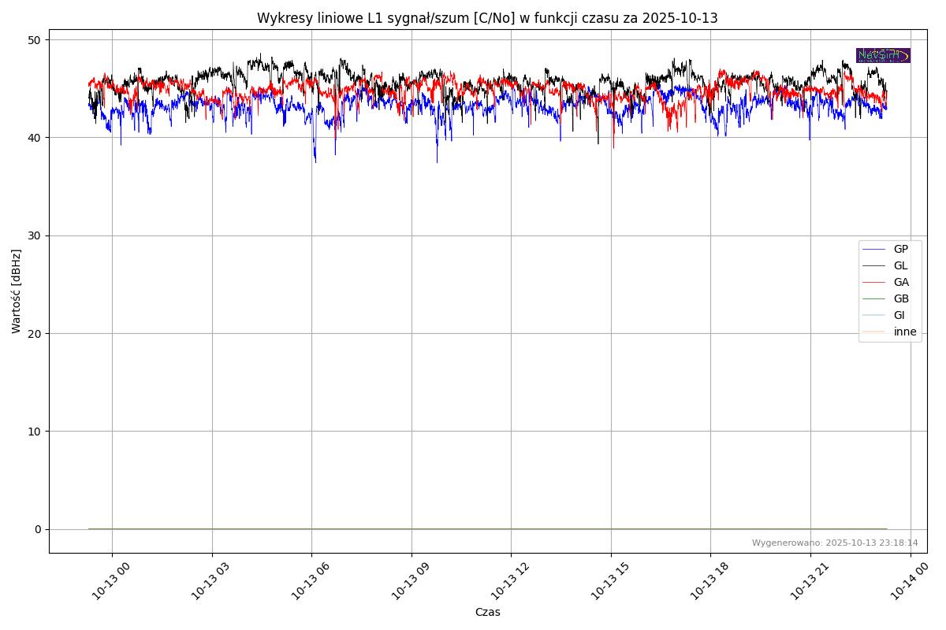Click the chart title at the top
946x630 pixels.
(487, 18)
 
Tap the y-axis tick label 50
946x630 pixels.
(35, 40)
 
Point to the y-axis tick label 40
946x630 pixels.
(35, 138)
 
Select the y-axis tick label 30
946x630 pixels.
(35, 235)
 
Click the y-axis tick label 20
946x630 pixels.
(35, 333)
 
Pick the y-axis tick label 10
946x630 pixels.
(35, 432)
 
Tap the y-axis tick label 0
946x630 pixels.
(38, 529)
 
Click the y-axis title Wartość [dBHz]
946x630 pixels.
(17, 291)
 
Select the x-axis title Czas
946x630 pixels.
(487, 612)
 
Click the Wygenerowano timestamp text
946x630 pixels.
(834, 543)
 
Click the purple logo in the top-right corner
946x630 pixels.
(883, 55)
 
